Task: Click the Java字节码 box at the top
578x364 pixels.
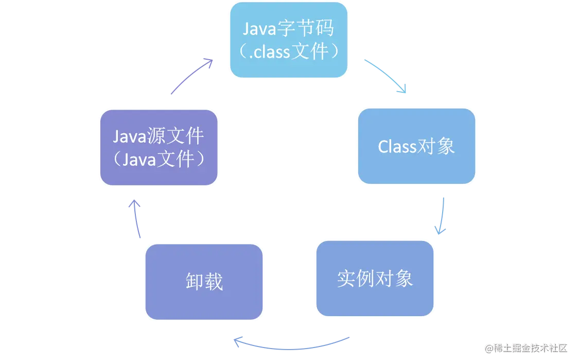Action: pyautogui.click(x=288, y=40)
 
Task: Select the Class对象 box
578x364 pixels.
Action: pyautogui.click(x=416, y=146)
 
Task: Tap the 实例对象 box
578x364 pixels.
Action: pyautogui.click(x=374, y=279)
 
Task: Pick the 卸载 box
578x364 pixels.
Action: pyautogui.click(x=204, y=282)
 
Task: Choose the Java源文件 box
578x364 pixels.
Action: pyautogui.click(x=159, y=148)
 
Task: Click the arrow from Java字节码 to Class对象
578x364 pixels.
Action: pyautogui.click(x=386, y=76)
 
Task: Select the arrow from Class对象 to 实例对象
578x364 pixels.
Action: pyautogui.click(x=441, y=214)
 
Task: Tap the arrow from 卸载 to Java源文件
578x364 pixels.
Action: pyautogui.click(x=136, y=218)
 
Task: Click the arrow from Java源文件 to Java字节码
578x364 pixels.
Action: pyautogui.click(x=191, y=76)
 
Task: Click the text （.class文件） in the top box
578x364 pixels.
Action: pyautogui.click(x=288, y=52)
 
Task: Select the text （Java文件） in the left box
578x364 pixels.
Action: pyautogui.click(x=159, y=159)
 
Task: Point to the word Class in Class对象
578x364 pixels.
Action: pyautogui.click(x=397, y=147)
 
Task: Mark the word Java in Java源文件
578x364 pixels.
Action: pyautogui.click(x=130, y=136)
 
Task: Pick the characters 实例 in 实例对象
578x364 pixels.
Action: pyautogui.click(x=356, y=279)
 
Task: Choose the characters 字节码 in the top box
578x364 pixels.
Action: pyautogui.click(x=305, y=29)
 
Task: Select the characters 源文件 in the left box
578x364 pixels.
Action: pyautogui.click(x=176, y=136)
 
